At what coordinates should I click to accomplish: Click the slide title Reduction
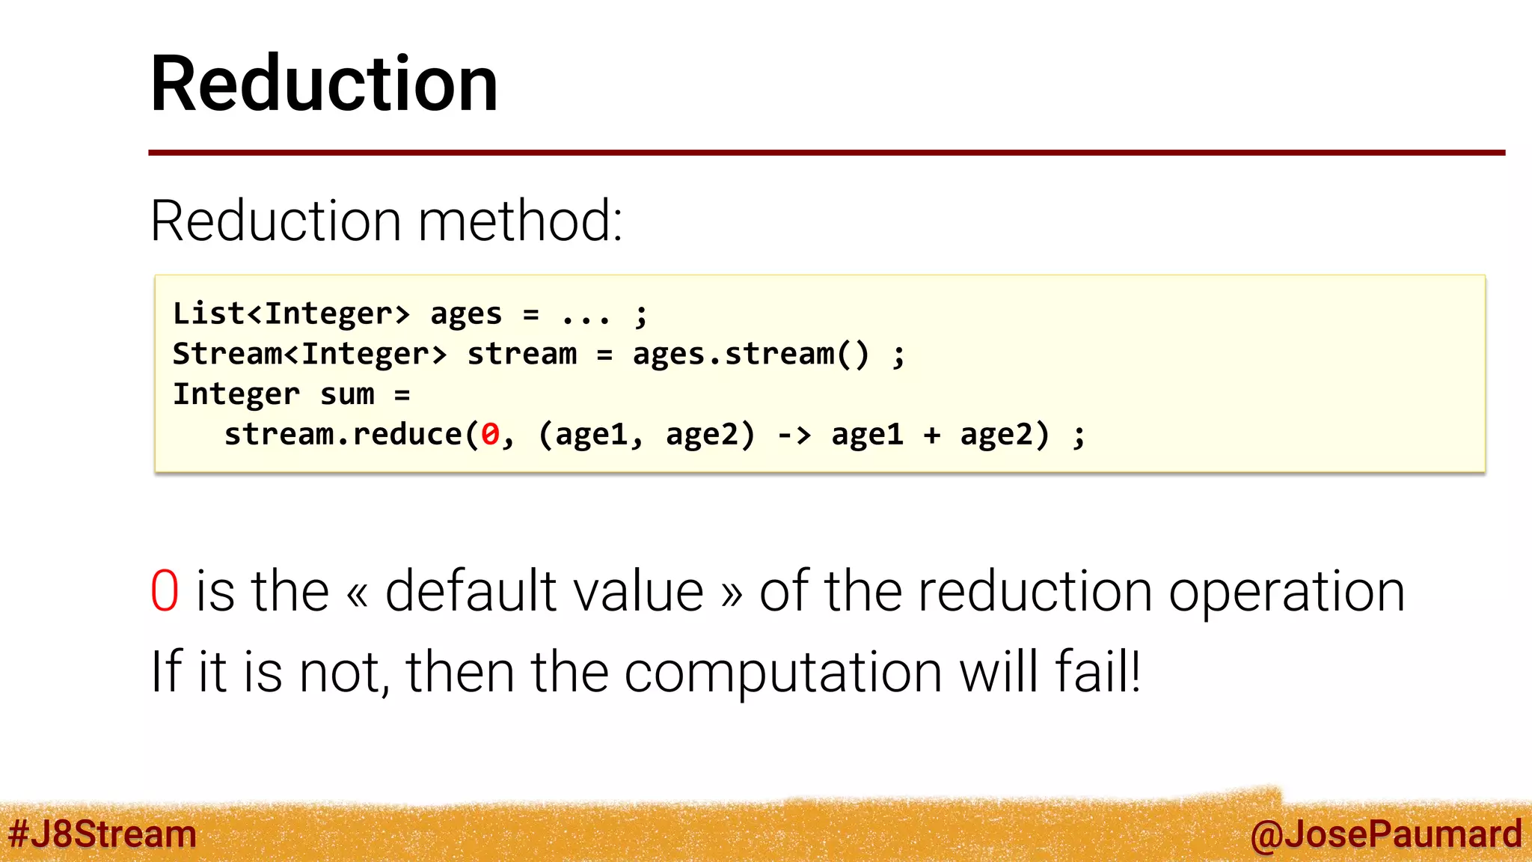324,84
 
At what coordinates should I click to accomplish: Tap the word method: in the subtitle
520,221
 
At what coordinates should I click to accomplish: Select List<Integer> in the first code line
291,314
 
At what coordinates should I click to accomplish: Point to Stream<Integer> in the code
309,354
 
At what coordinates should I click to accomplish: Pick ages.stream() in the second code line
750,354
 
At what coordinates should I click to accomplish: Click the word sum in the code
346,394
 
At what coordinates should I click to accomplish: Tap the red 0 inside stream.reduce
490,435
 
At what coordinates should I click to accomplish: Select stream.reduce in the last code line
343,435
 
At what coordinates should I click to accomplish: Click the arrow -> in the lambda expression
794,435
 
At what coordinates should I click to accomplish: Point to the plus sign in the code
931,435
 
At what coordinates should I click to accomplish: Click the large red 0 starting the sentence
165,592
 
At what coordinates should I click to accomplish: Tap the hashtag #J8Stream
102,834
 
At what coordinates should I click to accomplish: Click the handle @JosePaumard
1385,834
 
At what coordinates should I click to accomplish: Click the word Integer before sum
236,394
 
